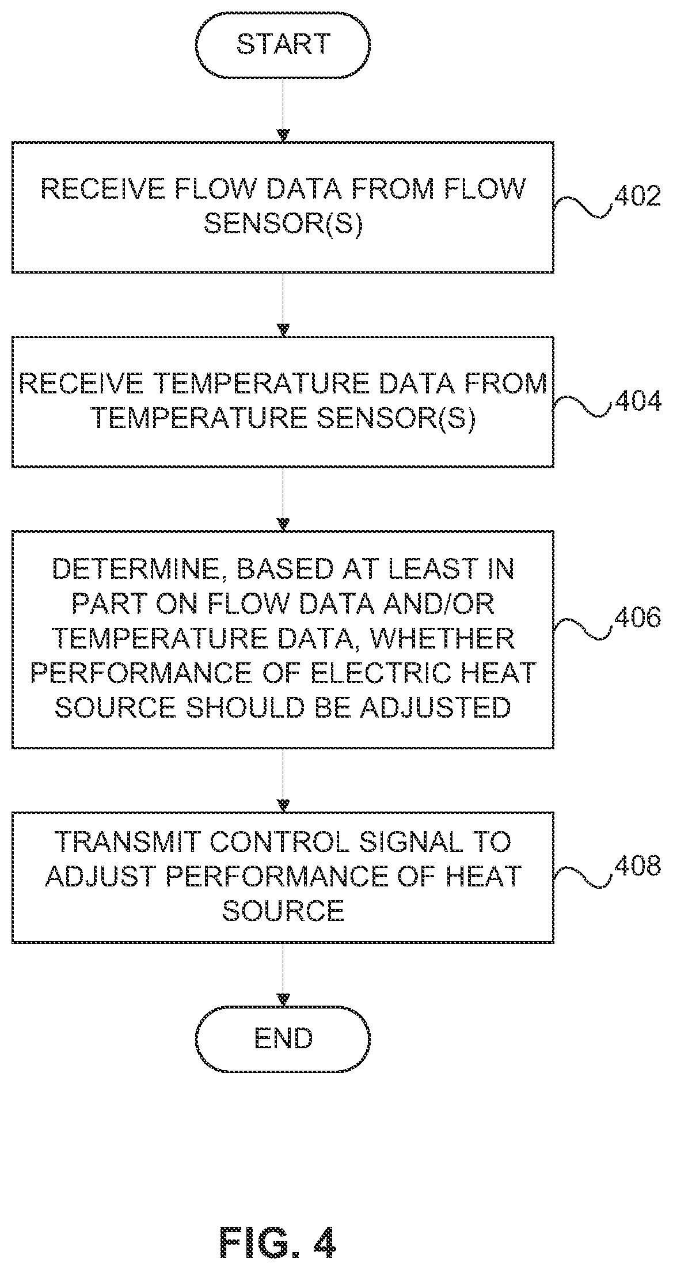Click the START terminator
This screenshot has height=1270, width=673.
point(283,45)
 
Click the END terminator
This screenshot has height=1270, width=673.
point(283,1038)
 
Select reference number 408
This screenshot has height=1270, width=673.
point(637,866)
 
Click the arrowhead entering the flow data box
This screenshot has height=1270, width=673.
point(283,135)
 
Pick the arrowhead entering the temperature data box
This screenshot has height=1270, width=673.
point(283,330)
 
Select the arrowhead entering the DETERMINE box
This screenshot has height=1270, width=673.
point(283,525)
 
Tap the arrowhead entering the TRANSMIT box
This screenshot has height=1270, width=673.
point(283,805)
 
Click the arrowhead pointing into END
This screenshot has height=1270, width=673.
point(283,999)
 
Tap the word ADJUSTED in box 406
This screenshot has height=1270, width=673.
point(435,707)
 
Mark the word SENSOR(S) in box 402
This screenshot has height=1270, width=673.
point(284,224)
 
